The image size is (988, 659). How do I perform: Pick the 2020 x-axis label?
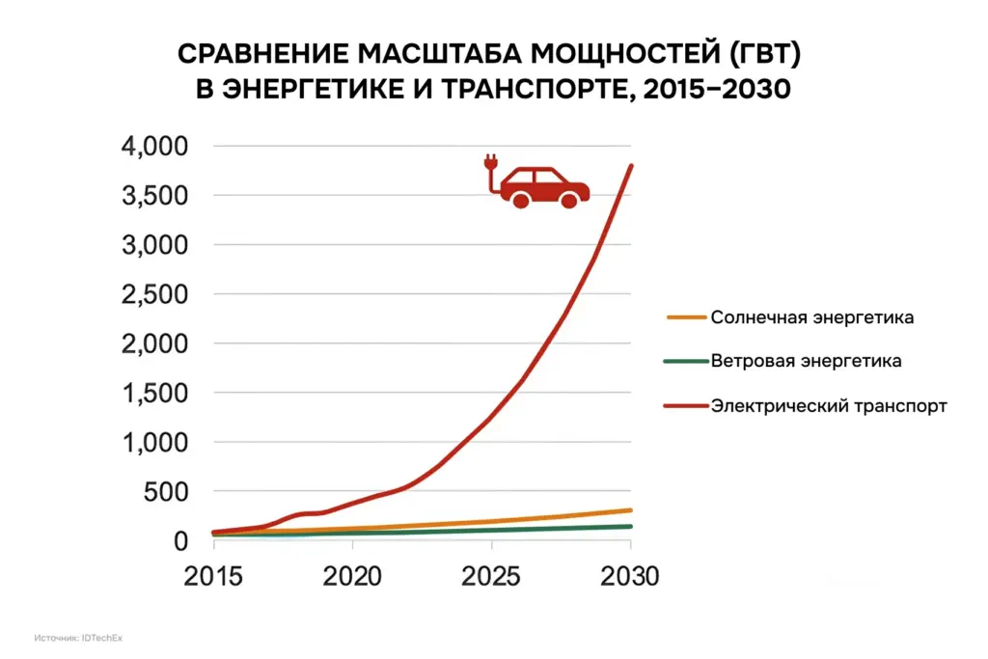352,578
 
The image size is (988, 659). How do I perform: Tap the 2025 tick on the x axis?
491,578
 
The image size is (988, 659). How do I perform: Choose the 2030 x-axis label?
630,578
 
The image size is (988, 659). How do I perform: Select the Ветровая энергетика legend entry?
806,362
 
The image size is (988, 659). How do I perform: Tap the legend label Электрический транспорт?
829,406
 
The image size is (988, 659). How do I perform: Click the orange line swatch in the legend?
686,317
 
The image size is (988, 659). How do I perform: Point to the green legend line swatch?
686,362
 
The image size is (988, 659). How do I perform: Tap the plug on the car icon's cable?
491,163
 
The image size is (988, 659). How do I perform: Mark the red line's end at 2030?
631,165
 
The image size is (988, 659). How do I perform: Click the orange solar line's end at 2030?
631,510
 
